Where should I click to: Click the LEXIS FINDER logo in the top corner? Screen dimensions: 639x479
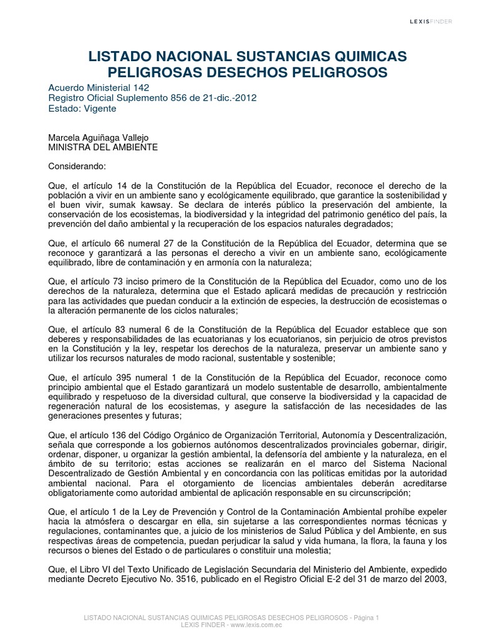(x=430, y=21)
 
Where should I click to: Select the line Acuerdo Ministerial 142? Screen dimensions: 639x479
(x=99, y=87)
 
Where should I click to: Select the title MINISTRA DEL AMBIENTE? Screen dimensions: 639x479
(x=102, y=147)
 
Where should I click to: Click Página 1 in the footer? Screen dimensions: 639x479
(x=365, y=617)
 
